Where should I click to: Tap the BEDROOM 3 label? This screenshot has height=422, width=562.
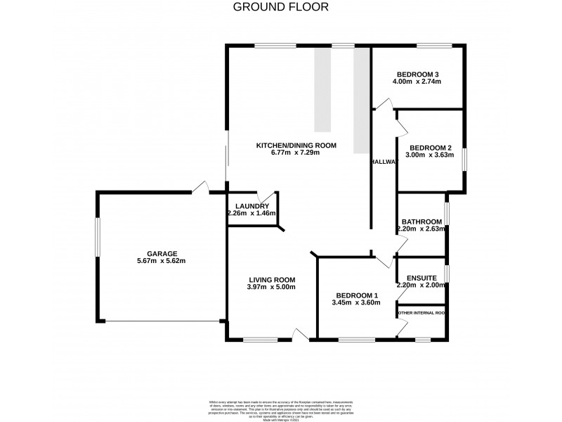coord(417,75)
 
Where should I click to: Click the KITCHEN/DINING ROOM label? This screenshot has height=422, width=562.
coord(296,146)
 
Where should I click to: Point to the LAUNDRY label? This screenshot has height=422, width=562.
coord(252,206)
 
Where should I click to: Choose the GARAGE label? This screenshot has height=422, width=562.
coord(162,254)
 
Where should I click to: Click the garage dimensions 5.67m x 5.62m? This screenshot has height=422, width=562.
coord(162,262)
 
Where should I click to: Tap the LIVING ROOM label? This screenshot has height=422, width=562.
coord(271,279)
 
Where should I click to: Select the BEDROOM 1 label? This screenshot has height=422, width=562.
coord(356,295)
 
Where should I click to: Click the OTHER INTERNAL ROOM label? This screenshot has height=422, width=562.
coord(421,313)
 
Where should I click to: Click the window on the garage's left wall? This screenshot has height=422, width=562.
coord(98,240)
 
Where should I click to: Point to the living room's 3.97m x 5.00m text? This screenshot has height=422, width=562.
coord(271,287)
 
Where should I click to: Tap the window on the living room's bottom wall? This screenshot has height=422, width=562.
coord(260,341)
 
